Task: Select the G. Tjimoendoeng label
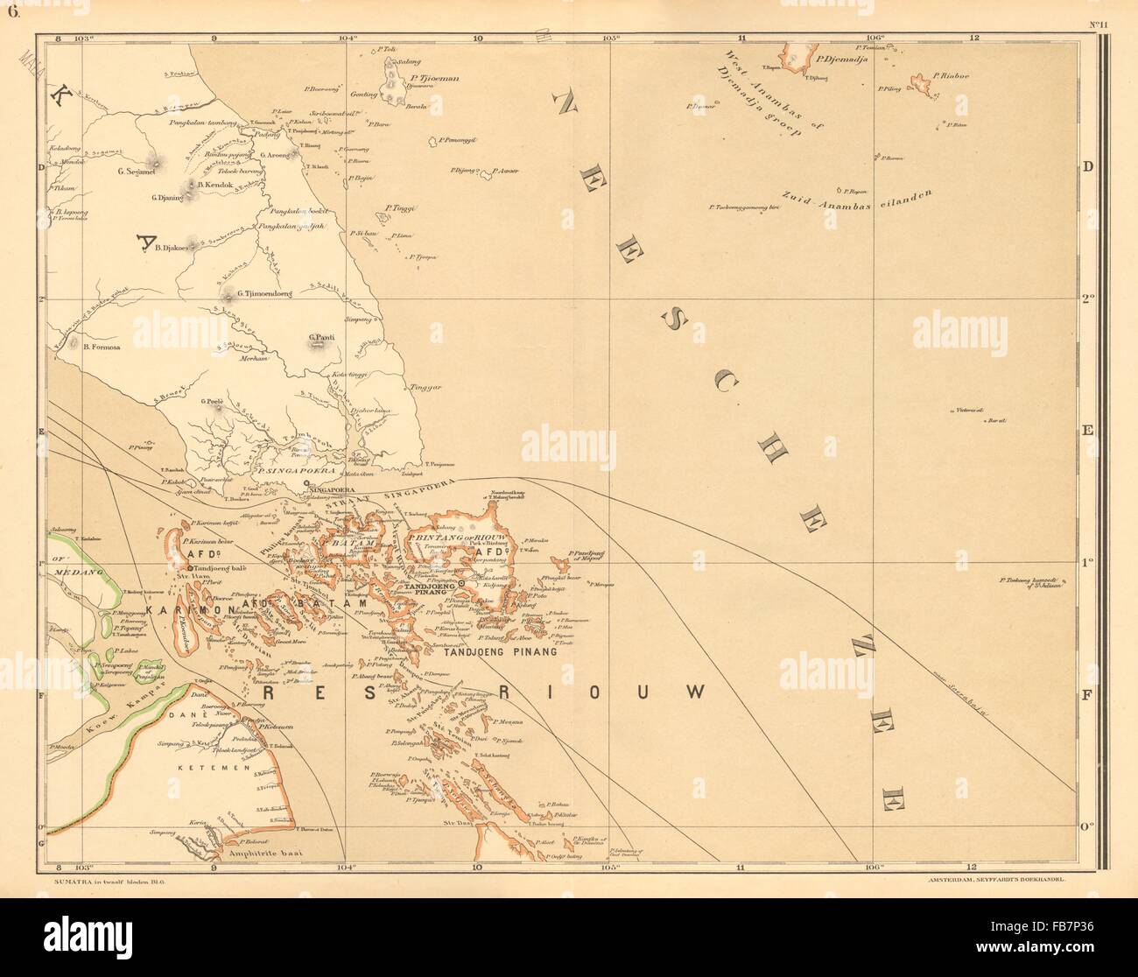pos(263,294)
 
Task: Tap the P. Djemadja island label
pos(840,60)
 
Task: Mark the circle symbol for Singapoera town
pos(305,482)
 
